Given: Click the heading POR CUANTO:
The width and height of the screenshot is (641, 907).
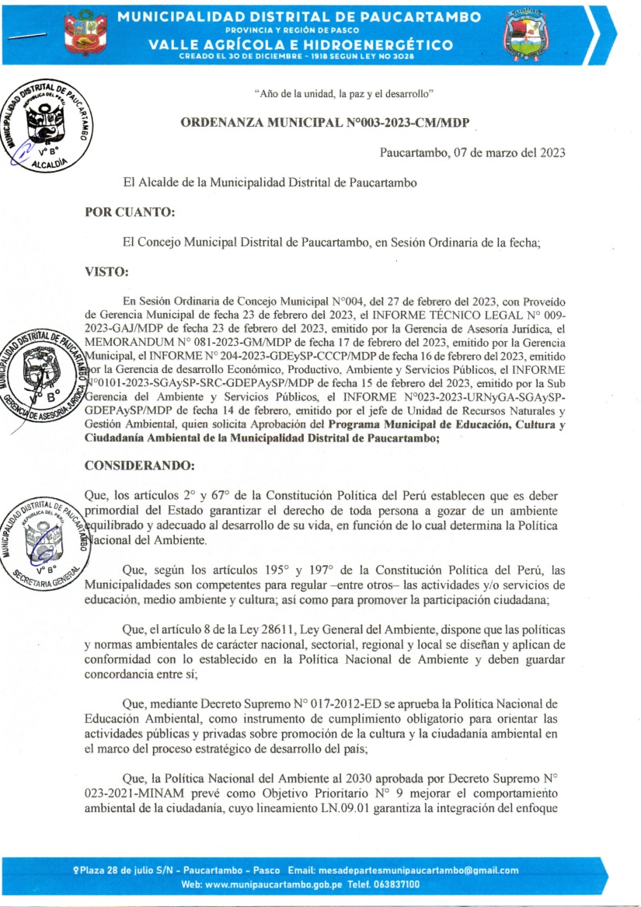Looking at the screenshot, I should point(129,211).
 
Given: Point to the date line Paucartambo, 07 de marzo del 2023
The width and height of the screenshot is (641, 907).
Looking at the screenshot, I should point(472,152).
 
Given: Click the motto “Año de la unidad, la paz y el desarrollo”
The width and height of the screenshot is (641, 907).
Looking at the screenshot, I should point(343,94).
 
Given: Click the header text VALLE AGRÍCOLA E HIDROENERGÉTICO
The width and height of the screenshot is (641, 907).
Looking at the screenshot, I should point(301,45).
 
